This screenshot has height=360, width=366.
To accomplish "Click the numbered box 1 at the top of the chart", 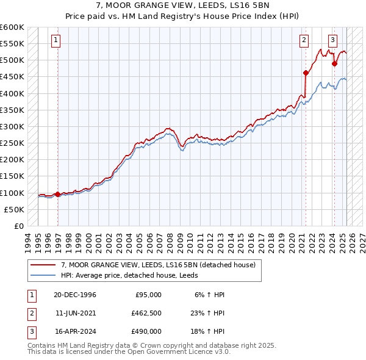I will pos(56,41).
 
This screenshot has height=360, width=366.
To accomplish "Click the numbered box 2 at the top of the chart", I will pos(304,41).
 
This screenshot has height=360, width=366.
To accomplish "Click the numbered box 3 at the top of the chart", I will pos(333,41).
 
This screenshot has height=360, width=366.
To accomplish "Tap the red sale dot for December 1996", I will pos(58,195).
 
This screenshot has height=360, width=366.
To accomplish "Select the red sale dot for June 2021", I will pos(306,73).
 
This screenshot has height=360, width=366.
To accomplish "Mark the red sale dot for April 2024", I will pos(334,63).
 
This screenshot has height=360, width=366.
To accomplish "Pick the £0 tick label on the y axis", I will pos(19,226).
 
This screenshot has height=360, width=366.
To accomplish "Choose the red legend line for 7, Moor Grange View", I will pos(43,265).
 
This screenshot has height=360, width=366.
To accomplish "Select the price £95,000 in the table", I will pos(147,294).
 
